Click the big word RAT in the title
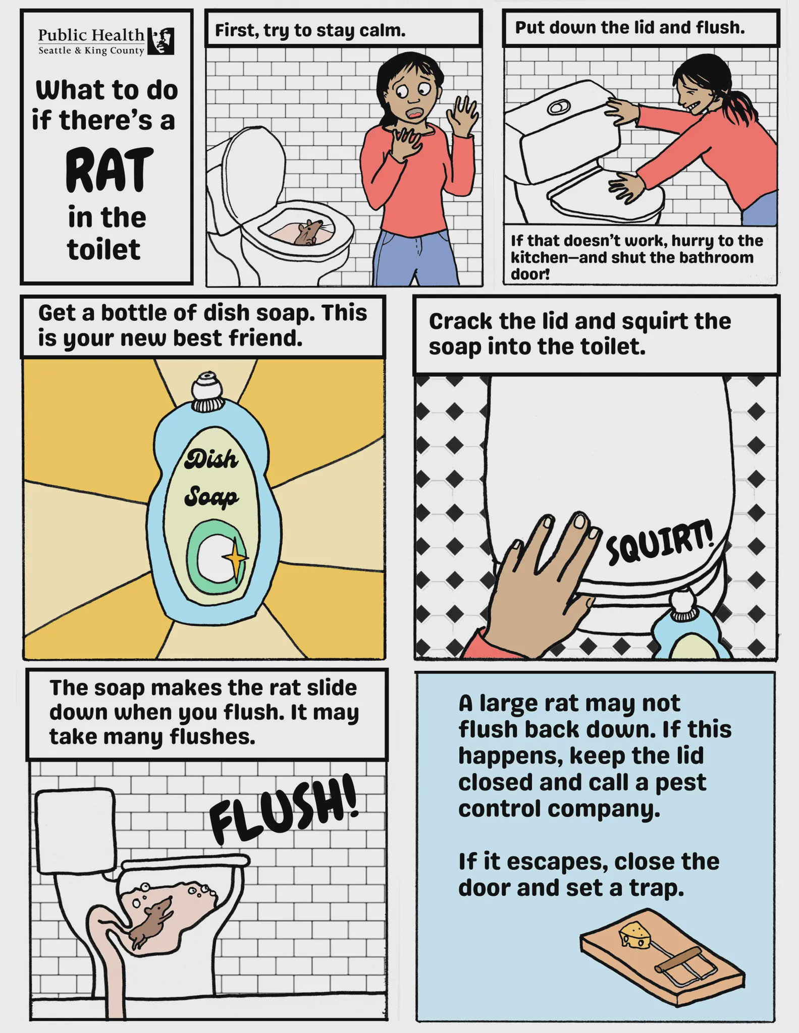[x=109, y=171]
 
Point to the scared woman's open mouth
[x=415, y=113]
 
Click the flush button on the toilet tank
[x=557, y=107]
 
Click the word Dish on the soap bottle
[x=211, y=459]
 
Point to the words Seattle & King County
[x=91, y=51]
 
